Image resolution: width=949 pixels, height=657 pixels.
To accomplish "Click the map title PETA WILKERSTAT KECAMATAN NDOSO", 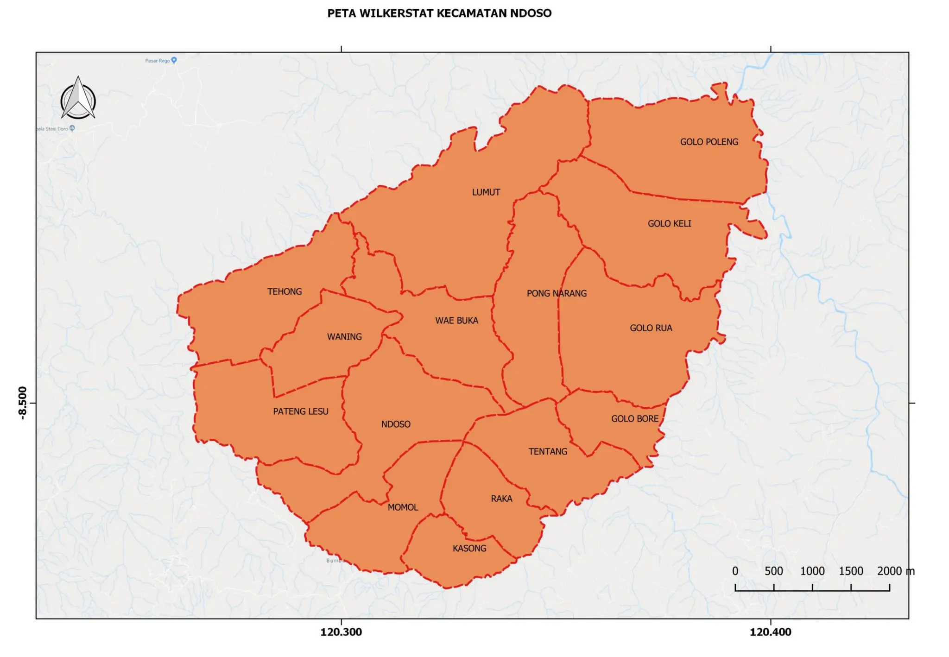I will tap(439, 13).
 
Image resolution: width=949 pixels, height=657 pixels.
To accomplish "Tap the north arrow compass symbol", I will tap(78, 99).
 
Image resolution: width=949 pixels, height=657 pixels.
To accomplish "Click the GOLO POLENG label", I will tap(709, 142).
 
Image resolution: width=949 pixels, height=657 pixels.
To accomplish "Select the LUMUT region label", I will tap(486, 192).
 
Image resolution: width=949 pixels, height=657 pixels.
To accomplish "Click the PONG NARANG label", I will tap(556, 293).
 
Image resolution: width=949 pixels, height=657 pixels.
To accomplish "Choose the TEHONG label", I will tap(284, 291).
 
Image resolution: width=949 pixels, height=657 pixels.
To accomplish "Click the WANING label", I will tap(344, 337).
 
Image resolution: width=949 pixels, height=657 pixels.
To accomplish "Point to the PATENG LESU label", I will tap(300, 411).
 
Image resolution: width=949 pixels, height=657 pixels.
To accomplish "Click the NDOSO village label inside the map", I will tap(395, 424).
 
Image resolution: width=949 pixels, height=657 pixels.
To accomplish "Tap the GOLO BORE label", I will tap(634, 418).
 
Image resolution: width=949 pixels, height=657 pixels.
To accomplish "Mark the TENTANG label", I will tap(547, 451).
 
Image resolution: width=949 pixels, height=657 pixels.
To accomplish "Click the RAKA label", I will tap(501, 499).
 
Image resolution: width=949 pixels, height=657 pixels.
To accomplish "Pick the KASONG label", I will tap(469, 548).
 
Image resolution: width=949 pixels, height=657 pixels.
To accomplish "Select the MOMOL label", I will tap(402, 507).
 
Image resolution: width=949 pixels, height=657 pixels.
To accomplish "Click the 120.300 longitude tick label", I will tap(341, 632).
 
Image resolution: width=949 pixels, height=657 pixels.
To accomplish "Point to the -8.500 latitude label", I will tap(23, 403).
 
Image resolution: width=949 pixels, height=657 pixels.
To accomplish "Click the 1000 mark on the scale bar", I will tap(812, 571).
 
